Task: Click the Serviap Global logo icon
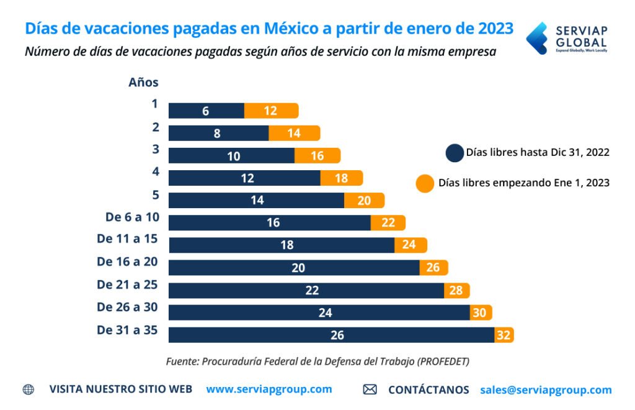[x=536, y=39]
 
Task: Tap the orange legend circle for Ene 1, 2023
[x=425, y=184]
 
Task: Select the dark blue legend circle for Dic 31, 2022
[x=455, y=153]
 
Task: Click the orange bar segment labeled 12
[x=271, y=111]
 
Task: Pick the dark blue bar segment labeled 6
[x=206, y=111]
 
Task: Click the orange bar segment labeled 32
[x=504, y=335]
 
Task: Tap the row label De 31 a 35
[x=127, y=330]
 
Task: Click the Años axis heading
[x=143, y=82]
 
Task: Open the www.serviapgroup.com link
[x=269, y=389]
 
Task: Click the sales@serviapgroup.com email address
[x=546, y=390]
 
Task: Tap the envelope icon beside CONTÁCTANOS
[x=370, y=390]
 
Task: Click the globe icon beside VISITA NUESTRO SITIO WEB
[x=29, y=390]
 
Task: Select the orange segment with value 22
[x=388, y=222]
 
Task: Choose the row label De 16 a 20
[x=127, y=262]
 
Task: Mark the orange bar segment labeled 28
[x=457, y=290]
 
